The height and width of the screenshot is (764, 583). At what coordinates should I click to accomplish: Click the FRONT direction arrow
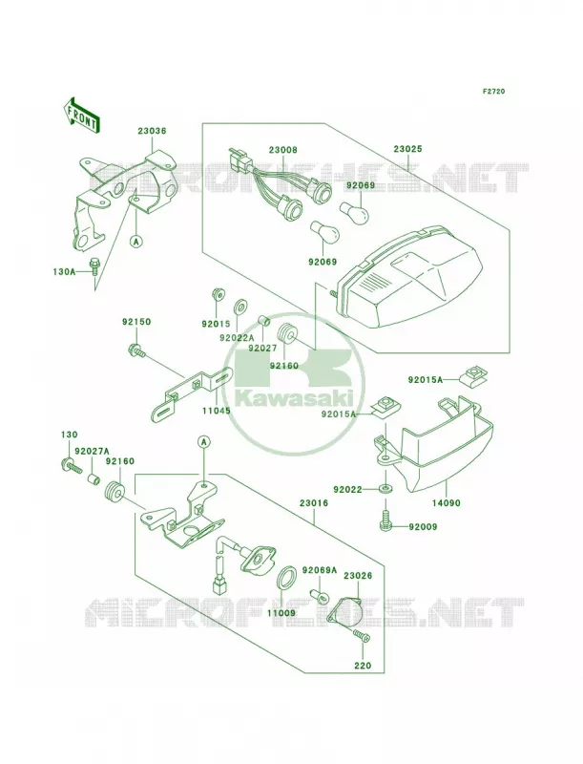coord(81,115)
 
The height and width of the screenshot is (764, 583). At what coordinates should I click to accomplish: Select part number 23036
coord(152,131)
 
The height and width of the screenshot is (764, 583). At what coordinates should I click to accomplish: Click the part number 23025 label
coord(407,149)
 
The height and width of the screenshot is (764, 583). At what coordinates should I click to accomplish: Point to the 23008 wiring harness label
coord(282,150)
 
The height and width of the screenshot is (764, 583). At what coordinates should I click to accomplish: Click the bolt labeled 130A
coord(93,265)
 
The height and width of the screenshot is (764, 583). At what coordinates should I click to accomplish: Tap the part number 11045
coord(216,411)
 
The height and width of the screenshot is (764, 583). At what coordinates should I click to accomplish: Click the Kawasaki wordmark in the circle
coord(294,398)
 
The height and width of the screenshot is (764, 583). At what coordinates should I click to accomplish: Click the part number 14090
coord(446,503)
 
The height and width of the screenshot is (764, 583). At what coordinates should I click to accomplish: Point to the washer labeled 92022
coord(385,488)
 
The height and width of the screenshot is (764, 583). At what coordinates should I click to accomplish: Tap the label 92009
coord(423,527)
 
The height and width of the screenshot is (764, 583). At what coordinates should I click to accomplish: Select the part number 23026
coord(358,576)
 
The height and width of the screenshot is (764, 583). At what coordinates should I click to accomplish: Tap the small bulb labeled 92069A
coord(321,594)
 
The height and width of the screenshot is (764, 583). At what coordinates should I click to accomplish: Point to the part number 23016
coord(314,503)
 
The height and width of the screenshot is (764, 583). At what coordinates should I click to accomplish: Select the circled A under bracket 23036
coord(136,241)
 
